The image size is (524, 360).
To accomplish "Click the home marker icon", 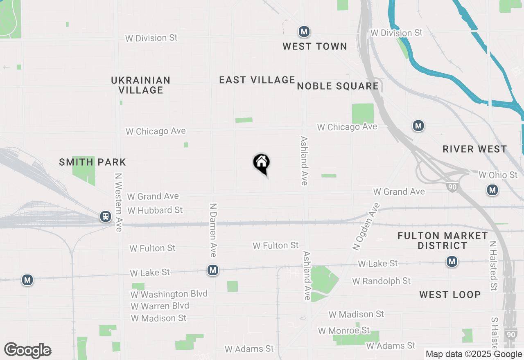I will pos(261,163).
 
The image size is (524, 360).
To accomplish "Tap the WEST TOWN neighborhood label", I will pos(315,46).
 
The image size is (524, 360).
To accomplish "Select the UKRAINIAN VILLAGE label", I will pos(141,85).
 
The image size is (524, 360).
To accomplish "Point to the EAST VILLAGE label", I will pos(257,80).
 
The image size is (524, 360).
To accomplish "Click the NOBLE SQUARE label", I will pos(338,86).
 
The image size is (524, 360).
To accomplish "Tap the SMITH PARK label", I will pos(93,162).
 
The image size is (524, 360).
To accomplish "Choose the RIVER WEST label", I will pos(474,149).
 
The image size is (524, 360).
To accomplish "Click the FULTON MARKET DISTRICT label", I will pos(443,241).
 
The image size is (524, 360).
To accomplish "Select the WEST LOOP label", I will pos(449,295).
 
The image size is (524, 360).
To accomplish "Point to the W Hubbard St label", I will pos(155,210).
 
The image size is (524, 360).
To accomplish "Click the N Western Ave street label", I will pos(119,202).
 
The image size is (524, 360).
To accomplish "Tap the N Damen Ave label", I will pos(213,230).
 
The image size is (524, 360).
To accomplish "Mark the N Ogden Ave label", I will pos(366,226).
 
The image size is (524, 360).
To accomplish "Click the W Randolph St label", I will pos(381,281).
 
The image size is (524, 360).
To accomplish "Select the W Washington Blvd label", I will pos(169,294).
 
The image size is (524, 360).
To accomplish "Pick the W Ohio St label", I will pos(498,175).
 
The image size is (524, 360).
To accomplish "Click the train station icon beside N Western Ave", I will pos(106,216).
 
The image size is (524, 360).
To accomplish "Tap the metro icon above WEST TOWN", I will pos(304,32).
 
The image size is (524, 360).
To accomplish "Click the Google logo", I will pos(28,350).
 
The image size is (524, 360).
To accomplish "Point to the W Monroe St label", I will pos(344,330).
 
